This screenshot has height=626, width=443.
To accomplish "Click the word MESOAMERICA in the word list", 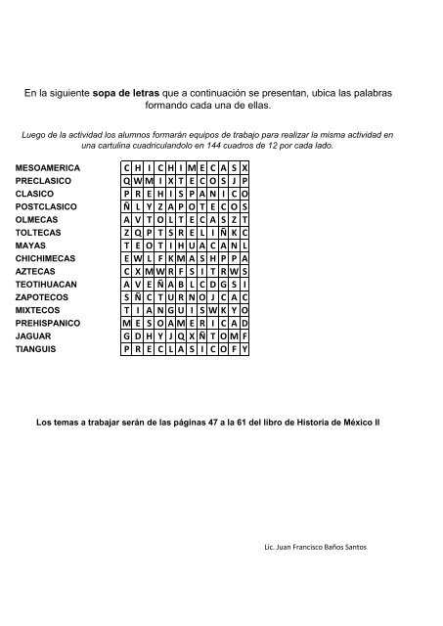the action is (48, 168).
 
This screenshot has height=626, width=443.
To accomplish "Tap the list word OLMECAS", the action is (36, 220).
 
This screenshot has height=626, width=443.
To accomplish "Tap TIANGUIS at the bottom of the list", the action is (37, 347).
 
